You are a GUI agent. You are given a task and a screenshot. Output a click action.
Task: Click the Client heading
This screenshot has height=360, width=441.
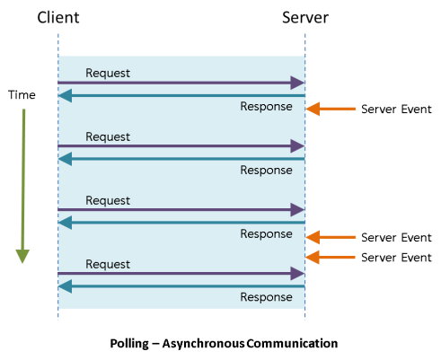click(x=58, y=17)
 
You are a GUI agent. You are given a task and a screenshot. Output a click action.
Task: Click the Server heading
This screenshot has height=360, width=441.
click(x=305, y=17)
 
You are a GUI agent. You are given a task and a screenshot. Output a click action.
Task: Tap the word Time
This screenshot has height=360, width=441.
click(x=22, y=95)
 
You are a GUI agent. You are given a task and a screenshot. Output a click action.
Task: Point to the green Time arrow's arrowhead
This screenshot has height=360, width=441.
click(x=22, y=256)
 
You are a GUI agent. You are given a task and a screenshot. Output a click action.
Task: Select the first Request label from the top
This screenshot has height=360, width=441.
click(x=108, y=74)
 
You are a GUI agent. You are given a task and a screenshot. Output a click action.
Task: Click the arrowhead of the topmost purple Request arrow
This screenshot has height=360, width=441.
click(x=297, y=83)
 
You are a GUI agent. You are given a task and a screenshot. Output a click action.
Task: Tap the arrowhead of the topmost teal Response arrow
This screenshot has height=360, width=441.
click(x=65, y=96)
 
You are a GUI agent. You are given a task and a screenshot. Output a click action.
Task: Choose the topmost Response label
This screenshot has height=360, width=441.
click(x=266, y=107)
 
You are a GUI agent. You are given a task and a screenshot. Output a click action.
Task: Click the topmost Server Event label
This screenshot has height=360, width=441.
click(x=396, y=110)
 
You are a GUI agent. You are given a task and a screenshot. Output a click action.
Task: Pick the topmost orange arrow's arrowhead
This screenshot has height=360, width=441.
click(x=313, y=109)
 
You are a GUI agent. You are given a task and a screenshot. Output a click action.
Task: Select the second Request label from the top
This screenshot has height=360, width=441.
click(x=108, y=137)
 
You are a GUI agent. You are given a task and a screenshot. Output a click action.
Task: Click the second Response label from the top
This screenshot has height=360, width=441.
click(x=266, y=171)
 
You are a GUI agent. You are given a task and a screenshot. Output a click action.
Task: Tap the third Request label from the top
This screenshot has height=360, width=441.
click(x=108, y=201)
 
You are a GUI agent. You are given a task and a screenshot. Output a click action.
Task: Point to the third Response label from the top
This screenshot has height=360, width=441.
click(x=266, y=234)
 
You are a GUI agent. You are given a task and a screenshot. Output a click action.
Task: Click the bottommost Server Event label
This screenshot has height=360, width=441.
click(x=396, y=258)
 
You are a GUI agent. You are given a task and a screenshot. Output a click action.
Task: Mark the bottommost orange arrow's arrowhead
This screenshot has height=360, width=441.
click(x=313, y=257)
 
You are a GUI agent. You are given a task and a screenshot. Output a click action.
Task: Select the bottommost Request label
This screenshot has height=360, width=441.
click(x=108, y=265)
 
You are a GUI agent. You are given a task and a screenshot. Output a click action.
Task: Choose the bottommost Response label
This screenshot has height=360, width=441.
click(x=266, y=297)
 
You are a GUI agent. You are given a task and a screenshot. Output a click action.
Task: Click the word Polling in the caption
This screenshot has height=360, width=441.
click(x=129, y=344)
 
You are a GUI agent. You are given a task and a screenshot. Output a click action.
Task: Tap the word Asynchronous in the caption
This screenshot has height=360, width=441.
click(x=204, y=344)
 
